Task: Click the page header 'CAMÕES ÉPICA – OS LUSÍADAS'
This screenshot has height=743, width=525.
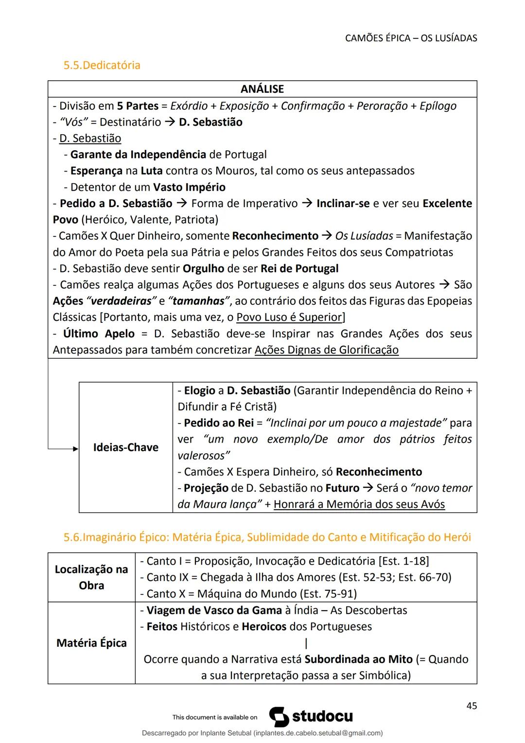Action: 411,38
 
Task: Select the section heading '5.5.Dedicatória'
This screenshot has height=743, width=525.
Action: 102,65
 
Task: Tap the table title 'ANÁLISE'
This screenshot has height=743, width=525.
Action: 262,89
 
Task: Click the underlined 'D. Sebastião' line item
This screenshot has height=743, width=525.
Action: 90,139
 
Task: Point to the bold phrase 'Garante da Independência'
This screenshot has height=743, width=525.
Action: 138,155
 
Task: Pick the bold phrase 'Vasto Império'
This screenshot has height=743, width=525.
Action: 189,187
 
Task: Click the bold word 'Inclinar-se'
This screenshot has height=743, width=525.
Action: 343,203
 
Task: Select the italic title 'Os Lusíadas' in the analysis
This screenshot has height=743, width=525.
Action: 364,236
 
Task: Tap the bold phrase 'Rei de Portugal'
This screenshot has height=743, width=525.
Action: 299,268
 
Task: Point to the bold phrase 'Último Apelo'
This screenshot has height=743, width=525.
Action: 99,334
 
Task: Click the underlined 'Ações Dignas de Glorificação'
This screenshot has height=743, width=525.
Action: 326,350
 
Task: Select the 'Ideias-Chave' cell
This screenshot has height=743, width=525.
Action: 125,447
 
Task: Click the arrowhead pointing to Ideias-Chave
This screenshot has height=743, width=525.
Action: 75,449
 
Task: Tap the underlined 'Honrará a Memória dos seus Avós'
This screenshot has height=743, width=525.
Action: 359,504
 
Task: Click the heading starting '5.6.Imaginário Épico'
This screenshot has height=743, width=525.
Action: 267,537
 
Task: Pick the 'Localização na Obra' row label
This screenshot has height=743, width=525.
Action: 91,577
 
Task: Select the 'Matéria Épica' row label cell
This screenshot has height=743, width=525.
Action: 91,643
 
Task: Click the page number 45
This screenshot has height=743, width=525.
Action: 471,706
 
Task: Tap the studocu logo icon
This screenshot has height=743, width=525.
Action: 279,717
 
